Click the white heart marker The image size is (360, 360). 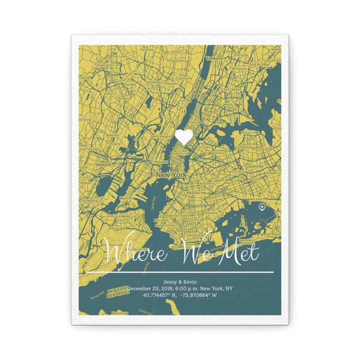184,137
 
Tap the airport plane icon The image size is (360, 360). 262,206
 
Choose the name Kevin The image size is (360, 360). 188,281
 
